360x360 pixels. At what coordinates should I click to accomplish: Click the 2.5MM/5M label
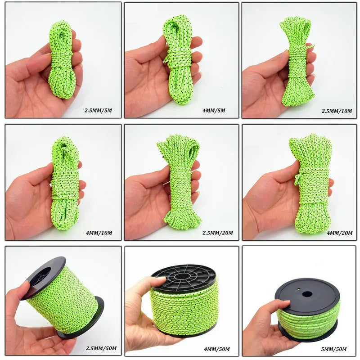click(102, 109)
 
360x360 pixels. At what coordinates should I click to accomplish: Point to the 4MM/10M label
click(99, 233)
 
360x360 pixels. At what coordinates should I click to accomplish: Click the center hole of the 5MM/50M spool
click(307, 294)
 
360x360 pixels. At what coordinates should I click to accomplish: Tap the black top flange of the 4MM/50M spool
click(183, 276)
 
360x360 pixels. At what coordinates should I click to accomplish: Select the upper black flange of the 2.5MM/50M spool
click(43, 277)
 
